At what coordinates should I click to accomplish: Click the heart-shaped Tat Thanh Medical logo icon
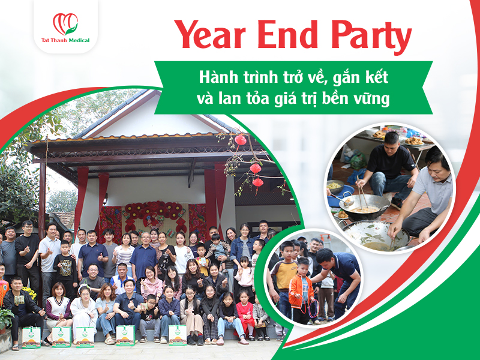tap(65, 23)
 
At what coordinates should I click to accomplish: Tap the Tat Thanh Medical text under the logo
tap(65, 41)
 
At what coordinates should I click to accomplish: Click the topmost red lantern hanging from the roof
tap(240, 140)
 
